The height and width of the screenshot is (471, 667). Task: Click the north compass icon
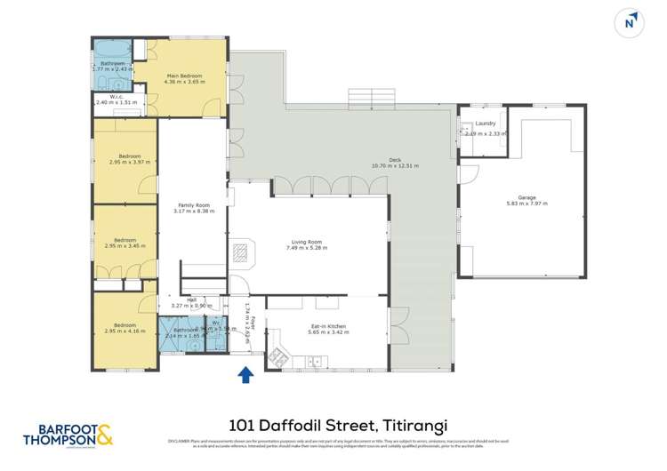click(631, 23)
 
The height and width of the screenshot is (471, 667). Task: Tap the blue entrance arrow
click(245, 376)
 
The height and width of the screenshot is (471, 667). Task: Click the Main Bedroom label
click(185, 76)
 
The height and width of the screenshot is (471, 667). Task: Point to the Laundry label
click(485, 124)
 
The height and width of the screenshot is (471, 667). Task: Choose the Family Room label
click(191, 205)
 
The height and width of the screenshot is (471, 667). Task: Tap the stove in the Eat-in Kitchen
click(278, 359)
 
